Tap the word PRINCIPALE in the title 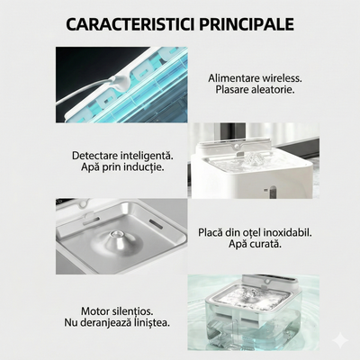(247, 21)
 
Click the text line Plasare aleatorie (255, 92)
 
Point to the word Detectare (99, 155)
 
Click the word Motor (102, 310)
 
